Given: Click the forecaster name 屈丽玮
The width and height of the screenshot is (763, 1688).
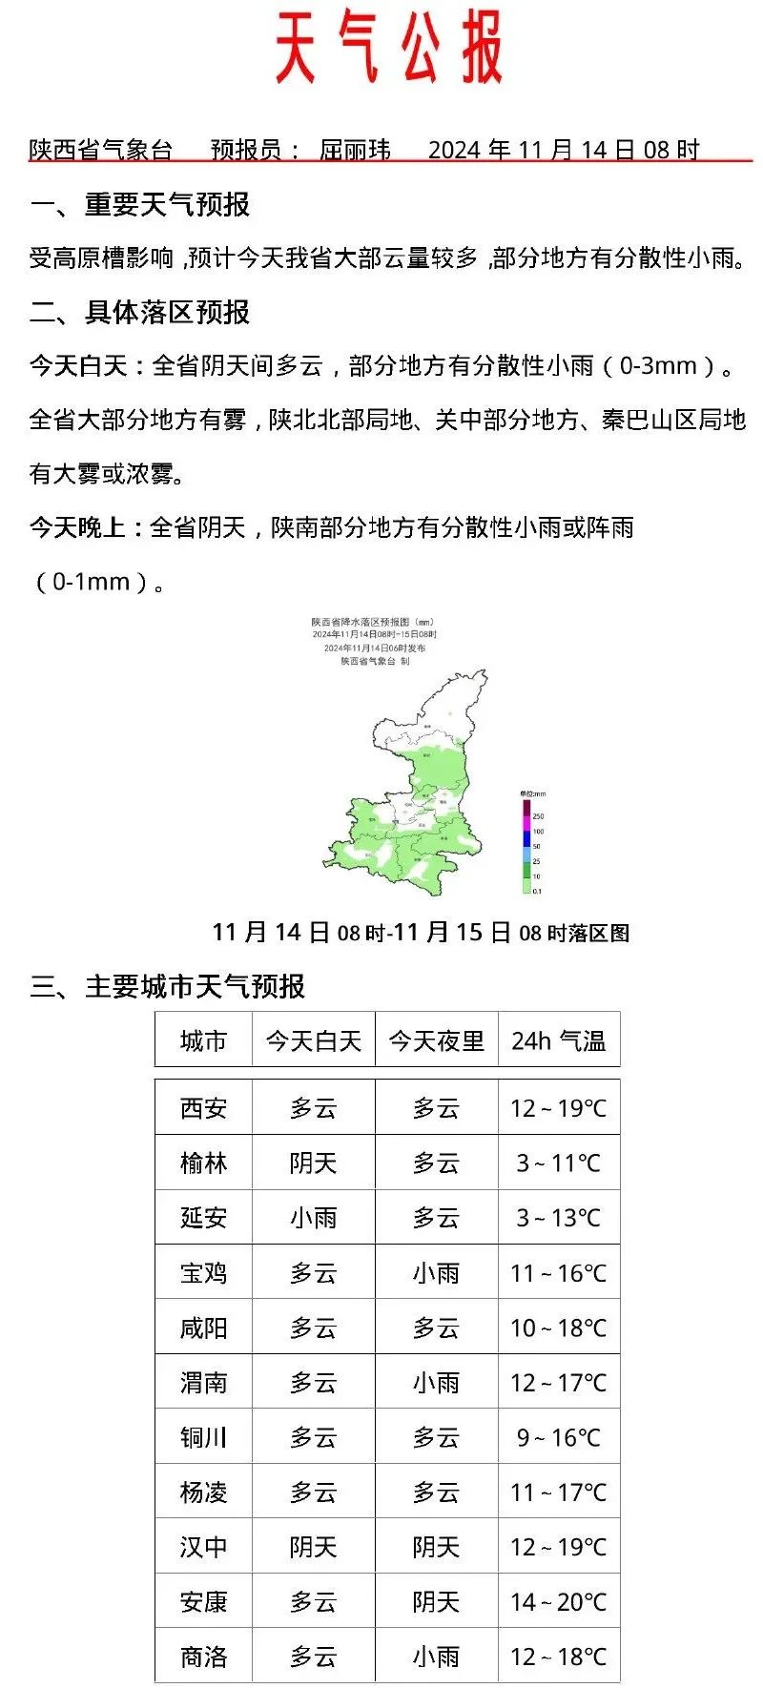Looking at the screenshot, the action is click(355, 150).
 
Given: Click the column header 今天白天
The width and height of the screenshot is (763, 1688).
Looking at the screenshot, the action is click(313, 1040).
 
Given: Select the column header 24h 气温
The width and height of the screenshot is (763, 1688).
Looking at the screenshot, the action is click(558, 1040).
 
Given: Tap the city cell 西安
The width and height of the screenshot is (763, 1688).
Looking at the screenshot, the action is click(203, 1108).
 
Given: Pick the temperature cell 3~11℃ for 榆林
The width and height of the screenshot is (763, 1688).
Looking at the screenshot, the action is click(558, 1163).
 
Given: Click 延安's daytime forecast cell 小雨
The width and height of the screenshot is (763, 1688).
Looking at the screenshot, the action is click(313, 1218).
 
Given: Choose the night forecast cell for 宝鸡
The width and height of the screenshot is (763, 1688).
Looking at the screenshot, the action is click(436, 1273).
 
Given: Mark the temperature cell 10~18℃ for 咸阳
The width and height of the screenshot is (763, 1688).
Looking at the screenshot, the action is click(558, 1328).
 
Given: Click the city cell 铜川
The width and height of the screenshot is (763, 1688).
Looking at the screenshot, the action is click(203, 1437).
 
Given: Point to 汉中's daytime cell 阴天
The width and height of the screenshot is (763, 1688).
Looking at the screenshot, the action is click(313, 1547).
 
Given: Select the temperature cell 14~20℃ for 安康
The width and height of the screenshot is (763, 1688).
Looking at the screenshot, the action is click(558, 1602).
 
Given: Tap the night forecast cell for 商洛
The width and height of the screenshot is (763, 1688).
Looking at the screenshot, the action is click(436, 1657).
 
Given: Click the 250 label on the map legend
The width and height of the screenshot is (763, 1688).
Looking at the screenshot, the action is click(538, 816).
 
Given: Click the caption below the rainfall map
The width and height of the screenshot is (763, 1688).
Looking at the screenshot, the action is click(420, 932).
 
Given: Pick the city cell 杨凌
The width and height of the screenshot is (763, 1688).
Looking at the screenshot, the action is click(203, 1492).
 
